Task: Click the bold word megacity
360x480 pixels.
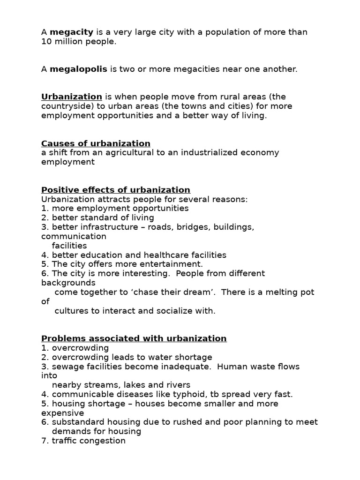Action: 72,32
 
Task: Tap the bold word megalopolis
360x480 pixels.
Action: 78,69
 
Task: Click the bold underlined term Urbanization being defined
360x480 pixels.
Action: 72,97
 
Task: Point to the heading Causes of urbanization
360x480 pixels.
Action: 96,143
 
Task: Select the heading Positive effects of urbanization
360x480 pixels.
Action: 116,190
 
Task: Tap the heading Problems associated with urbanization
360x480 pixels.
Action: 134,338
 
